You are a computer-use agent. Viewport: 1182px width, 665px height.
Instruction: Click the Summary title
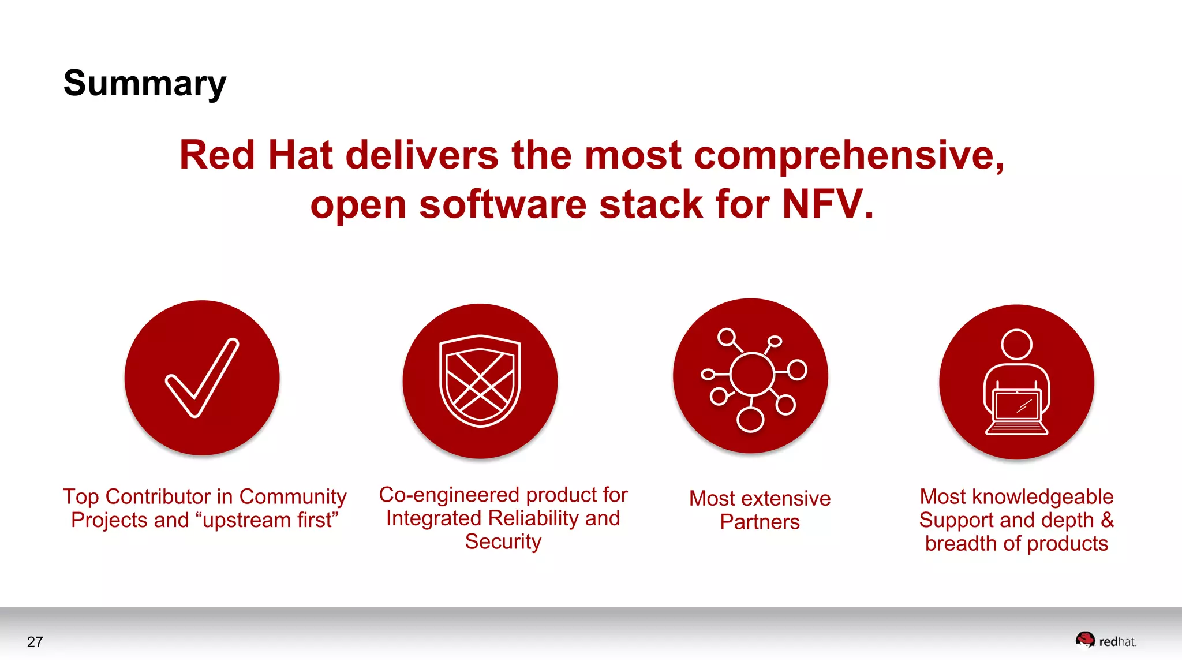144,84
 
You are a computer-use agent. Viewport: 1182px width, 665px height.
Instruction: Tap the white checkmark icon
201,378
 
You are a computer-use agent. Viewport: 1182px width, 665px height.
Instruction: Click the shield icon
480,381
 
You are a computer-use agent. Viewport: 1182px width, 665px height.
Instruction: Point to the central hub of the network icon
751,375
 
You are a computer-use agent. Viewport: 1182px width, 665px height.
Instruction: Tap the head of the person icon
1016,345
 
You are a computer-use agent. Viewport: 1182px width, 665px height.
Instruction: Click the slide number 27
35,642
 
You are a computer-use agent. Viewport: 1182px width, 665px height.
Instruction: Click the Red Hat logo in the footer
1105,641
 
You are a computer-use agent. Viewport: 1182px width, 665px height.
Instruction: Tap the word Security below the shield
503,542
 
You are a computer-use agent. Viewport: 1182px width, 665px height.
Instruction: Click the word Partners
760,522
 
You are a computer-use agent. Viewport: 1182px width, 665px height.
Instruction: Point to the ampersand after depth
1106,520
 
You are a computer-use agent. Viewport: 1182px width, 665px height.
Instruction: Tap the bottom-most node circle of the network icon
750,420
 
